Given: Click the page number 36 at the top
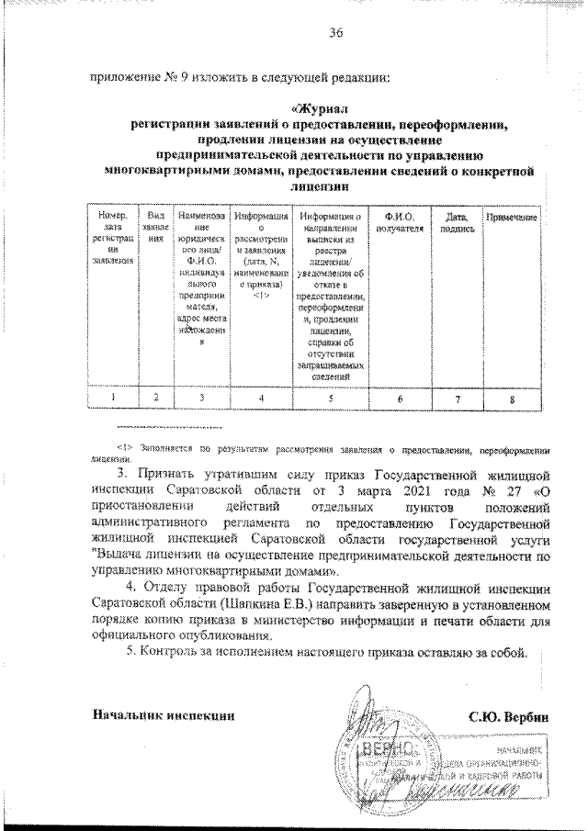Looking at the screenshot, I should click(x=335, y=34).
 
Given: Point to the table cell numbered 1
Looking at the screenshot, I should click(x=113, y=398).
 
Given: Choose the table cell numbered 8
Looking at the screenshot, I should click(x=512, y=398).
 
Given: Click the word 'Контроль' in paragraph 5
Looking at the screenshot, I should click(x=173, y=653).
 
